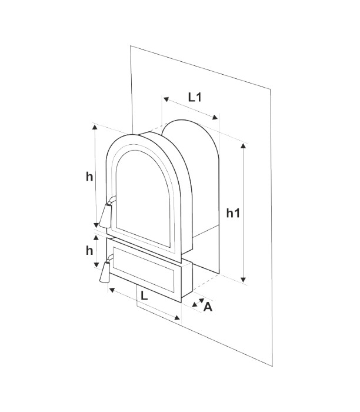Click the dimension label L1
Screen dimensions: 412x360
pyautogui.click(x=195, y=97)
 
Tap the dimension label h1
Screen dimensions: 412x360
pyautogui.click(x=233, y=214)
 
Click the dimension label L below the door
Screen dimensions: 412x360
pyautogui.click(x=145, y=297)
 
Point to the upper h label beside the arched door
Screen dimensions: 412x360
pyautogui.click(x=89, y=177)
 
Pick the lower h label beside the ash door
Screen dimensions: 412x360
pyautogui.click(x=89, y=251)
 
